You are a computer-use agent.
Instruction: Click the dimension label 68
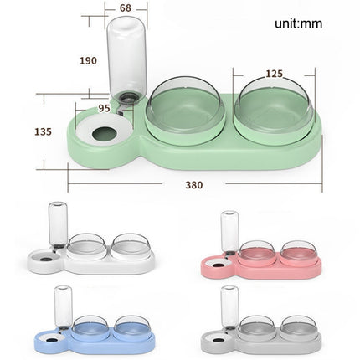tap(126, 8)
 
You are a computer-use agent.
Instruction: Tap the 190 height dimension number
tap(88, 60)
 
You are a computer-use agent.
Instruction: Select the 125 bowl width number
tap(274, 74)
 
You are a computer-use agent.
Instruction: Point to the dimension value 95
tap(104, 108)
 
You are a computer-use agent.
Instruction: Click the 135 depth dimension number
tap(43, 131)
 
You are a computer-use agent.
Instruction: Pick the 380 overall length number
tap(194, 185)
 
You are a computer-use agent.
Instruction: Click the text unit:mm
tap(298, 23)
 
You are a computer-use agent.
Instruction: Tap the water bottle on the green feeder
tap(126, 61)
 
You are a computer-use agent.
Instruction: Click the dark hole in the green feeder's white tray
tap(105, 135)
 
